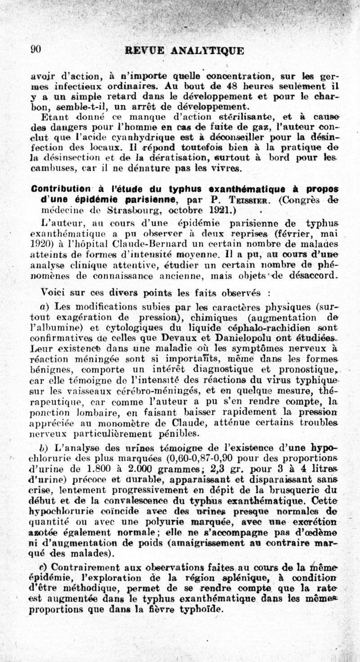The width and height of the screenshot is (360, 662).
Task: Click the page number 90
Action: (x=36, y=50)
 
